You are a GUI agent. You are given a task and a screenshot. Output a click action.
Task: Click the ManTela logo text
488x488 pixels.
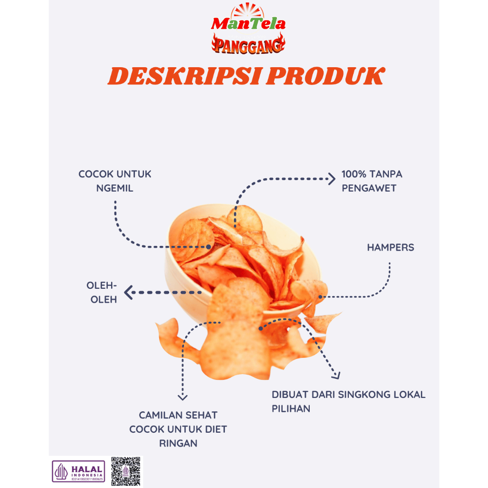click(248, 23)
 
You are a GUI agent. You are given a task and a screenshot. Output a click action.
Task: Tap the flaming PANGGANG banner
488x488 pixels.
click(248, 44)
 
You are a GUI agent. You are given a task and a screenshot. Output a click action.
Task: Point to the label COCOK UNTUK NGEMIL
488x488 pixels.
click(115, 181)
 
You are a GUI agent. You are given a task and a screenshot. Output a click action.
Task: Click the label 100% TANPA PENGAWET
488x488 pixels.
click(371, 181)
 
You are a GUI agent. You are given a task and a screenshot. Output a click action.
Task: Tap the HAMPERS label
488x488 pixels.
click(390, 248)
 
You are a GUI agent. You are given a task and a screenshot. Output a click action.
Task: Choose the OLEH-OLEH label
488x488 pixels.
click(102, 293)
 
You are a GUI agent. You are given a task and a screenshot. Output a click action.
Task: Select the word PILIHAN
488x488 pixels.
click(291, 409)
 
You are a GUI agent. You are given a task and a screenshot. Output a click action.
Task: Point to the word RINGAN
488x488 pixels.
click(178, 443)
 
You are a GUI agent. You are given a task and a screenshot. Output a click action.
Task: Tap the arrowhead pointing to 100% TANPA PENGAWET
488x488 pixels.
click(332, 179)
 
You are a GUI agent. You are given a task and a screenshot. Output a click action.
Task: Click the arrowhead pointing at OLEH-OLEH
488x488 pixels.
click(128, 292)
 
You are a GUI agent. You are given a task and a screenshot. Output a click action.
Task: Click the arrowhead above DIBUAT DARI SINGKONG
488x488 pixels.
click(336, 376)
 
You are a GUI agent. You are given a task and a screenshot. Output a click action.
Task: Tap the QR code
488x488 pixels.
click(126, 471)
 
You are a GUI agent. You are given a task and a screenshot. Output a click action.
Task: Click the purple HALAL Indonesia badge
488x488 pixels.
click(79, 471)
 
